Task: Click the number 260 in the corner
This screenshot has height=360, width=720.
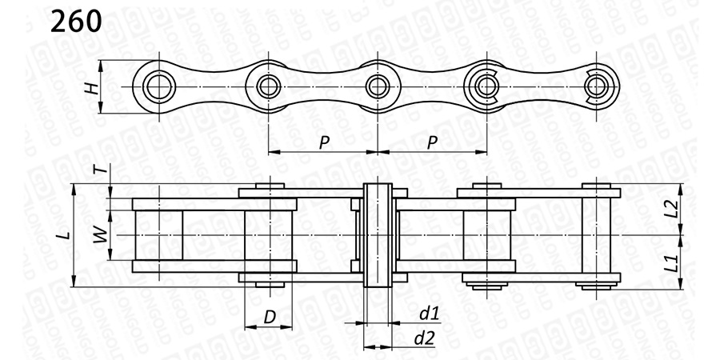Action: pos(76,21)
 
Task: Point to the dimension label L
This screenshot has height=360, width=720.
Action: pos(66,235)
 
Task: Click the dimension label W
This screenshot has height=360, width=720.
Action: pos(101,235)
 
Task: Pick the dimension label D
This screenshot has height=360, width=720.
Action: pos(270,317)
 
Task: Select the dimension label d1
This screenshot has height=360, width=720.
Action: pos(430,314)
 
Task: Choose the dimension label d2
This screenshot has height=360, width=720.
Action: pos(424,338)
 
